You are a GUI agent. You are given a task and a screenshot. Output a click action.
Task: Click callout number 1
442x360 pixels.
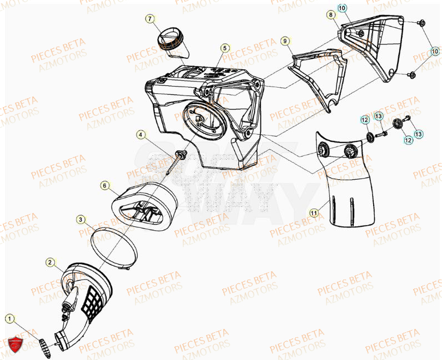pyautogui.click(x=9, y=318)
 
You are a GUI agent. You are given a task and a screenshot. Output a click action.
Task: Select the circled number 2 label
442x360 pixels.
pyautogui.click(x=50, y=261)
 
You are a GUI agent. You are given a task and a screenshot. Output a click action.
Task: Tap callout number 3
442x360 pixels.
pyautogui.click(x=81, y=220)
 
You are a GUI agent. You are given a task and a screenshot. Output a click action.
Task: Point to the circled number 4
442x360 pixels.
pyautogui.click(x=142, y=134)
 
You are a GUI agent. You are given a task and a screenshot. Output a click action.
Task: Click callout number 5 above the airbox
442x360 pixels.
pyautogui.click(x=224, y=48)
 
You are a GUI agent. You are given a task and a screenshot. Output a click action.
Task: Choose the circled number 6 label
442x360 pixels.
pyautogui.click(x=104, y=185)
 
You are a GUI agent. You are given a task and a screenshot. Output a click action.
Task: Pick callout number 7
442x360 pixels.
pyautogui.click(x=150, y=19)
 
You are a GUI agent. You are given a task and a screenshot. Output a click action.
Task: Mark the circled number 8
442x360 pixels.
pyautogui.click(x=331, y=14)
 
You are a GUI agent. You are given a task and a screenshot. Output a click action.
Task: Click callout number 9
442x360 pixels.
pyautogui.click(x=284, y=41)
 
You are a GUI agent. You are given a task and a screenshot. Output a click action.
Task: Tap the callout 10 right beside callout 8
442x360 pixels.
pyautogui.click(x=343, y=8)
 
